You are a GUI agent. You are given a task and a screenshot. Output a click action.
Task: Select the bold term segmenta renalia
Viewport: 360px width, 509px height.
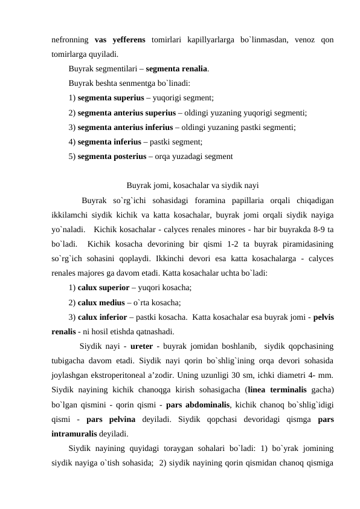point(178,69)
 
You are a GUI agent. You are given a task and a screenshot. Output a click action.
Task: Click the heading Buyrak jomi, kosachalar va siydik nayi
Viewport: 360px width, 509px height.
point(193,185)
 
